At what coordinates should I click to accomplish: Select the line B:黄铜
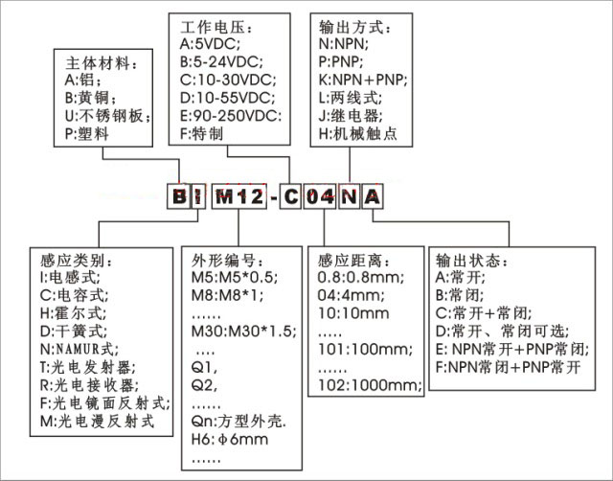click(90, 98)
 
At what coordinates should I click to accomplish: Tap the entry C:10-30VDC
click(228, 80)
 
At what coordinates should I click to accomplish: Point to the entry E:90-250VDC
click(231, 116)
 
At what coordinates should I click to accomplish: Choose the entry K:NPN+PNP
click(363, 80)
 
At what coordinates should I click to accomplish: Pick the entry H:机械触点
click(357, 134)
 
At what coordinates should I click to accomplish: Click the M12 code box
click(239, 196)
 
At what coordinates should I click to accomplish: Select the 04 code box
click(319, 196)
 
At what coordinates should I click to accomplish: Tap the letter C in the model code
click(290, 196)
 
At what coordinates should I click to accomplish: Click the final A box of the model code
click(373, 196)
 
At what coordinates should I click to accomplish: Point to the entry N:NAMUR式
click(79, 349)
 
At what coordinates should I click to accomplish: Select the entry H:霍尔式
click(73, 313)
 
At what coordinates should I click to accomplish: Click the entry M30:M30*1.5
click(244, 332)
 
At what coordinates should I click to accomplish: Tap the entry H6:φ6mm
click(230, 439)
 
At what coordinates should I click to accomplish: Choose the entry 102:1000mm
click(370, 385)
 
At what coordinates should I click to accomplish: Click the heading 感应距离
click(354, 260)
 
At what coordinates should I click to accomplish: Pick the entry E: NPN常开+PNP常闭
click(512, 349)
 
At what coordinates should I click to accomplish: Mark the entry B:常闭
click(460, 295)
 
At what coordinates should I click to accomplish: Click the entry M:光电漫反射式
click(98, 422)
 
